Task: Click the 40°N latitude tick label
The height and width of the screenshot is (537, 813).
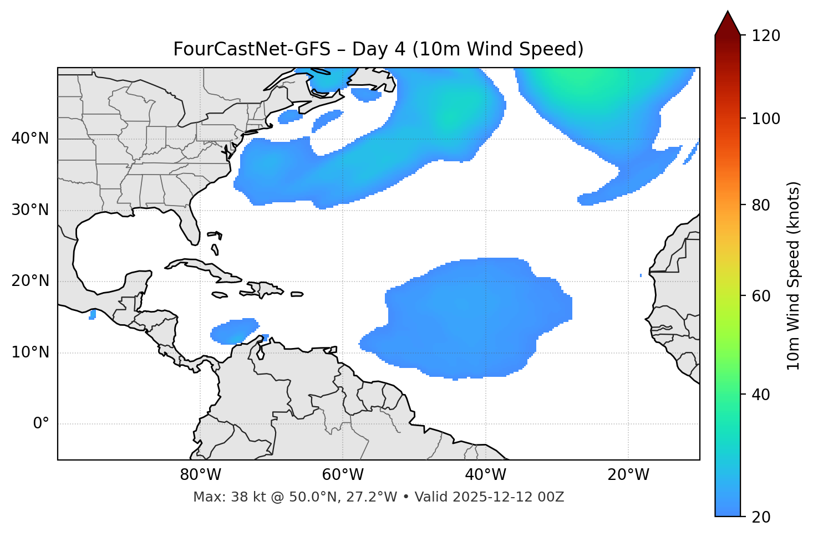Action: [x=30, y=139]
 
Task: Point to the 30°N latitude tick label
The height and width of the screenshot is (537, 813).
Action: [x=30, y=210]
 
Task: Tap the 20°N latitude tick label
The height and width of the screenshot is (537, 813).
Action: [x=30, y=281]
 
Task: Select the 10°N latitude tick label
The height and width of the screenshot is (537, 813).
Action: [x=30, y=352]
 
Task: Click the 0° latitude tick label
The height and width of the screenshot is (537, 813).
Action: [x=41, y=424]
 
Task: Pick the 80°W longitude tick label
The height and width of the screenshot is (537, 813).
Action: [x=200, y=475]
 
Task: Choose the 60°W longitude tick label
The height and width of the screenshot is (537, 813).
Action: [x=343, y=475]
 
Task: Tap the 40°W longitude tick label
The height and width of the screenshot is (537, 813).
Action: [x=485, y=475]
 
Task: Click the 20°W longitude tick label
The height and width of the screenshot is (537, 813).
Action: [x=628, y=475]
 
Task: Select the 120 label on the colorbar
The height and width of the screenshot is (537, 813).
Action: [x=766, y=36]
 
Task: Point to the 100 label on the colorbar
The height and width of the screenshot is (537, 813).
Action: [x=766, y=119]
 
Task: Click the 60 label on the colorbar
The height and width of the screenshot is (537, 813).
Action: [x=761, y=296]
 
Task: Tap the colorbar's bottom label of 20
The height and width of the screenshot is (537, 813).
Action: [x=761, y=517]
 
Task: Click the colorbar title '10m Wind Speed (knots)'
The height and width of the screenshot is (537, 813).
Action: [x=794, y=275]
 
